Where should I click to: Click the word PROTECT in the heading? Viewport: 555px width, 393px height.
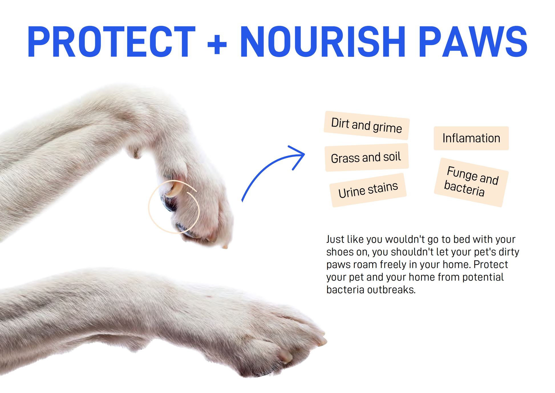point(112,42)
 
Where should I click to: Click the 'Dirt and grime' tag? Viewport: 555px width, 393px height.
point(367,125)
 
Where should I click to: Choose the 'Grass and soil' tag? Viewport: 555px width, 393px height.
point(367,157)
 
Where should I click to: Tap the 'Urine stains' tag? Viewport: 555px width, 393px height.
point(368,190)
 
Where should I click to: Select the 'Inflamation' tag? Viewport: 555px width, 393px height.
point(471,138)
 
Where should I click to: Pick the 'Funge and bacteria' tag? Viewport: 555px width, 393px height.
point(471,182)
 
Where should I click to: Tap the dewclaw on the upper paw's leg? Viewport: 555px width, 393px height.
point(135,153)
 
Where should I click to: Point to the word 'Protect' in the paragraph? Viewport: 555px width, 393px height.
point(491,264)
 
